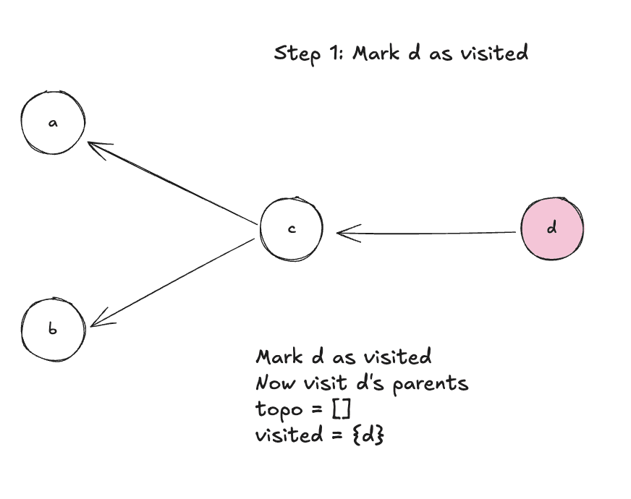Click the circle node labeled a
53,123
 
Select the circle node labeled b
53,329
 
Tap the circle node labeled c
291,229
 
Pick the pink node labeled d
552,229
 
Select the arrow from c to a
174,181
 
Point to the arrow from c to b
174,282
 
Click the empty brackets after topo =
341,409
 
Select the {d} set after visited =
368,435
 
